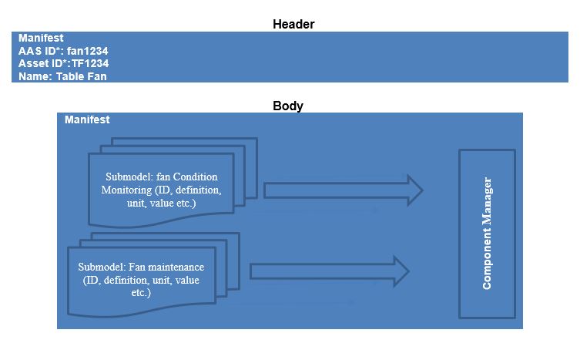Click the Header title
293,24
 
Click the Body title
288,106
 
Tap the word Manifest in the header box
41,38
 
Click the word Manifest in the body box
87,120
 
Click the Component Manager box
487,233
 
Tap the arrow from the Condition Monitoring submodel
343,190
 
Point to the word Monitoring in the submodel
127,190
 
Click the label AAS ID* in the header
38,51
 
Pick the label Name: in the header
35,77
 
